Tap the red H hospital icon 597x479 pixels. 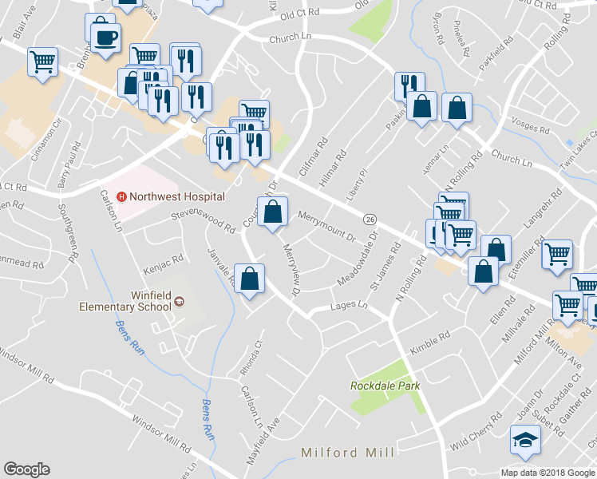122,196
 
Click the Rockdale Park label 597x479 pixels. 385,386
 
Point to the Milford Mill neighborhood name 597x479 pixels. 347,453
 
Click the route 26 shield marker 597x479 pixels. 370,219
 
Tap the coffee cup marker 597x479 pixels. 105,37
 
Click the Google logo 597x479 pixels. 26,469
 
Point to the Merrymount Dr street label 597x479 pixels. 326,226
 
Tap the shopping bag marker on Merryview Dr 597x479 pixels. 272,212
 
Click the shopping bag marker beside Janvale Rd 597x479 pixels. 251,279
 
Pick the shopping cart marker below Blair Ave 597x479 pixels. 42,61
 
